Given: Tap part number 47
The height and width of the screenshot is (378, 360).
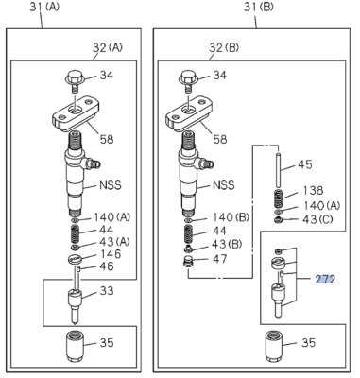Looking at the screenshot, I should (219, 257).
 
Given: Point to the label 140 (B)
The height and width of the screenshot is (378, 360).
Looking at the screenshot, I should (231, 216).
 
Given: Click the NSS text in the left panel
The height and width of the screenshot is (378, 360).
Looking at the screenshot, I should (111, 187).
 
